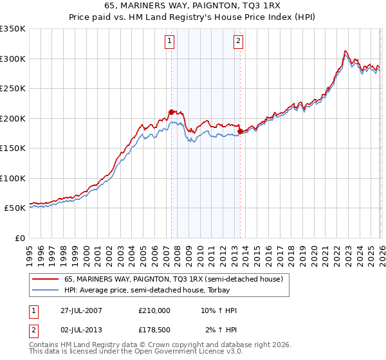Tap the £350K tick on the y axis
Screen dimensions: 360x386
pos(13,29)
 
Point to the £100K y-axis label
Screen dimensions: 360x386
pos(13,178)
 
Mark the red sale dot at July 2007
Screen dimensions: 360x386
pos(172,113)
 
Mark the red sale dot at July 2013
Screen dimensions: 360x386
pos(240,131)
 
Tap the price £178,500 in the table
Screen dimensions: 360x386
pos(154,330)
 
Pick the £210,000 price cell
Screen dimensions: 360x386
pos(154,310)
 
